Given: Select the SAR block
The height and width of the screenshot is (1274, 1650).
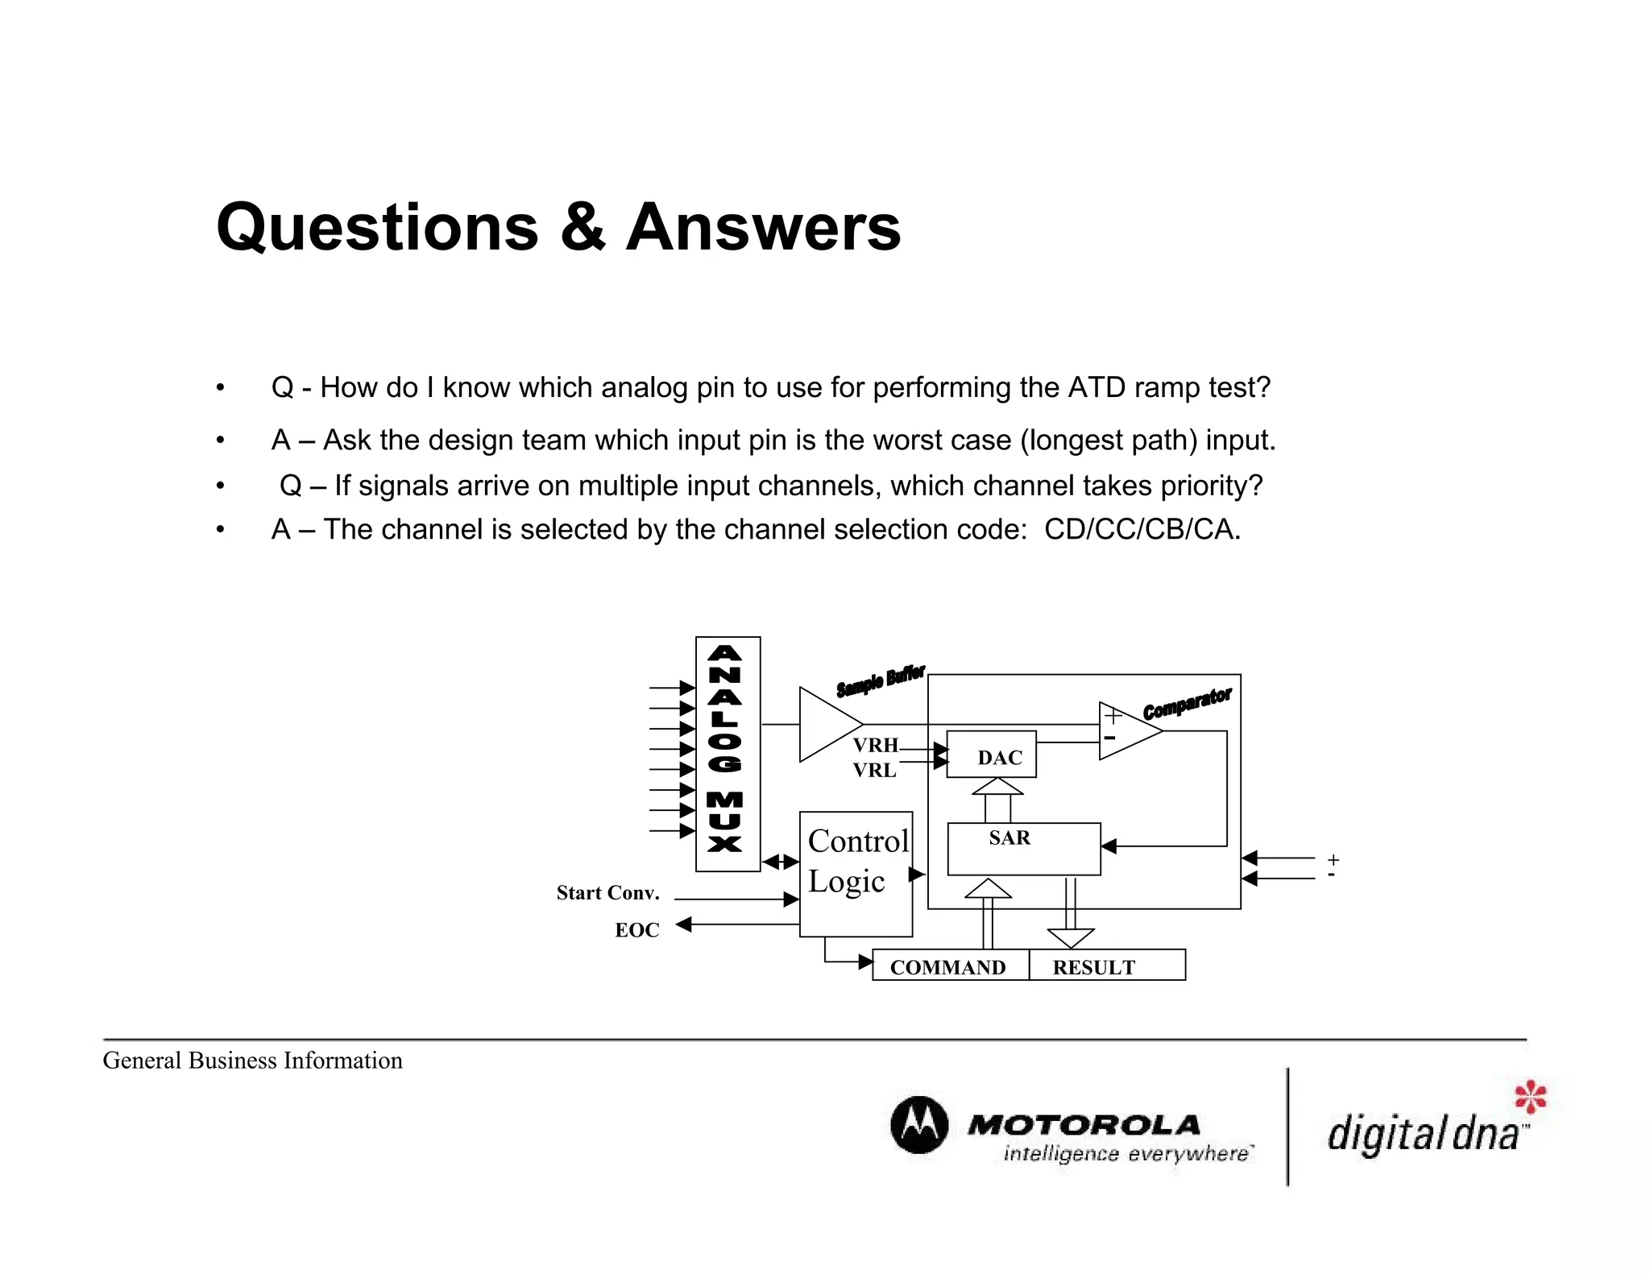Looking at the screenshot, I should pos(1023,849).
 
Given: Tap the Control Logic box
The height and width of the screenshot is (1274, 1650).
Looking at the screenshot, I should pos(856,874).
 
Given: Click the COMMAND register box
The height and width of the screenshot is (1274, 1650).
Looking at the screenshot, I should pos(950,966).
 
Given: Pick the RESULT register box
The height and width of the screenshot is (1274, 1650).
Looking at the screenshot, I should pos(1106,966).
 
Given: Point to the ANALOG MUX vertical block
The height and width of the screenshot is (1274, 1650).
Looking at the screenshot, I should pos(728,754).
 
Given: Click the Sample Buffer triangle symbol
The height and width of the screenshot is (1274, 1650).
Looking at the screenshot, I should pos(827,724).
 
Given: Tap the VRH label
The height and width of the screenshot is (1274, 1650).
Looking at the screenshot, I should pos(875,745).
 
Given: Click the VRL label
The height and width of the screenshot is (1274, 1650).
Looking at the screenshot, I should pos(874,771).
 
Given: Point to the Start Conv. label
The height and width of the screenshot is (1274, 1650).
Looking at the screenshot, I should pos(607,893).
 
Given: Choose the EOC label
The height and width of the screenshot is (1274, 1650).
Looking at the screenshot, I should pos(636,930).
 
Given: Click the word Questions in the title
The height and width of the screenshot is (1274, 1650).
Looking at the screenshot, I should pos(377,228).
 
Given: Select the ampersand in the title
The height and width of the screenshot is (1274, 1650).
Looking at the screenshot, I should pos(582,228).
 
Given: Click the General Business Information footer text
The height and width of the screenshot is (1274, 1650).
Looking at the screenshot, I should pos(252,1061).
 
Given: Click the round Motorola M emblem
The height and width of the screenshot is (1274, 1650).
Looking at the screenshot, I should pos(918,1125).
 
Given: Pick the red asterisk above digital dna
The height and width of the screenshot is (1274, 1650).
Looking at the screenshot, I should pos(1530,1097).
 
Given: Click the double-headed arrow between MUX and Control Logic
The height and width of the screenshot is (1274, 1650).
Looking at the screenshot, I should pos(780,862).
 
